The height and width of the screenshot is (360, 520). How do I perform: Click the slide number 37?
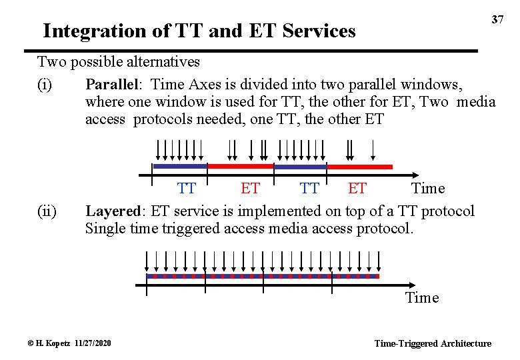click(x=497, y=20)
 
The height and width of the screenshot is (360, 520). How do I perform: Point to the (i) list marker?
click(x=46, y=85)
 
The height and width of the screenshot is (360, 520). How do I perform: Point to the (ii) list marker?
click(x=47, y=211)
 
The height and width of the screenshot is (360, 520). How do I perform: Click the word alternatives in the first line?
click(x=161, y=62)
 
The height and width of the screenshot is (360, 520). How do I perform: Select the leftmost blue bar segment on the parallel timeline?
click(x=180, y=166)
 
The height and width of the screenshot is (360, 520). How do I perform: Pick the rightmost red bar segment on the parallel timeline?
click(x=360, y=167)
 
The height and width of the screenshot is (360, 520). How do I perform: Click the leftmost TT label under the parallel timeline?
click(x=187, y=189)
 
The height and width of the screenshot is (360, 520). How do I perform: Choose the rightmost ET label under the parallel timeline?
click(x=357, y=189)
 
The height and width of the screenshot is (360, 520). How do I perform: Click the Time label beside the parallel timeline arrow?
click(x=427, y=189)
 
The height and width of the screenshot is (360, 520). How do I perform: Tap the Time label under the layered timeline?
click(x=422, y=297)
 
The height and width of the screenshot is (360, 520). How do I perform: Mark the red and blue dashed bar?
click(x=263, y=275)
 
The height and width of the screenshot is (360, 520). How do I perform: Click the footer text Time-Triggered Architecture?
click(x=433, y=343)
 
